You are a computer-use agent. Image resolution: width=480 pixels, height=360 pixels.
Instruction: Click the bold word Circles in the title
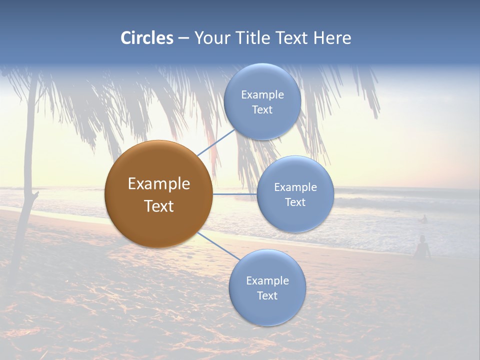(x=146, y=38)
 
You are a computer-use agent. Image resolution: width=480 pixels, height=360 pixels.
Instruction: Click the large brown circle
(x=158, y=194)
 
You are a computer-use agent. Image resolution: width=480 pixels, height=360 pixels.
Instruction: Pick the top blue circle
(x=262, y=101)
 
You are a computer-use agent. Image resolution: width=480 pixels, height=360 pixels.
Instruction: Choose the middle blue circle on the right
(x=295, y=194)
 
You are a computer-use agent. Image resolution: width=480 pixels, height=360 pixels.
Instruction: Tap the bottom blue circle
(x=267, y=288)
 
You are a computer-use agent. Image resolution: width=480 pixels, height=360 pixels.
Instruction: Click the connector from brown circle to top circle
(x=216, y=142)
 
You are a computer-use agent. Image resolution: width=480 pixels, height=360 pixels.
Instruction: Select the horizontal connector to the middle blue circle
(x=234, y=194)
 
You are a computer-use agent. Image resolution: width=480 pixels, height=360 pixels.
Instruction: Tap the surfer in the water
(x=424, y=219)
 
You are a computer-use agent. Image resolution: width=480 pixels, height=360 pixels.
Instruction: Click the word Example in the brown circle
(x=158, y=184)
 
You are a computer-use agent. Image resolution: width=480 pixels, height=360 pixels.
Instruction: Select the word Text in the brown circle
(x=158, y=206)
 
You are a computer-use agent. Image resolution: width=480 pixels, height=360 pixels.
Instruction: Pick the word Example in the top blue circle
(x=262, y=94)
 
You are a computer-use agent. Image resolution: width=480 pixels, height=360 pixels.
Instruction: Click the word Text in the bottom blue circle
(x=267, y=295)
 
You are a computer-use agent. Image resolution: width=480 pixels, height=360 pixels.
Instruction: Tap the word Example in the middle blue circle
(x=295, y=187)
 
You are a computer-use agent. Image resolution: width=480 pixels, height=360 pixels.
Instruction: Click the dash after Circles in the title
(x=183, y=38)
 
